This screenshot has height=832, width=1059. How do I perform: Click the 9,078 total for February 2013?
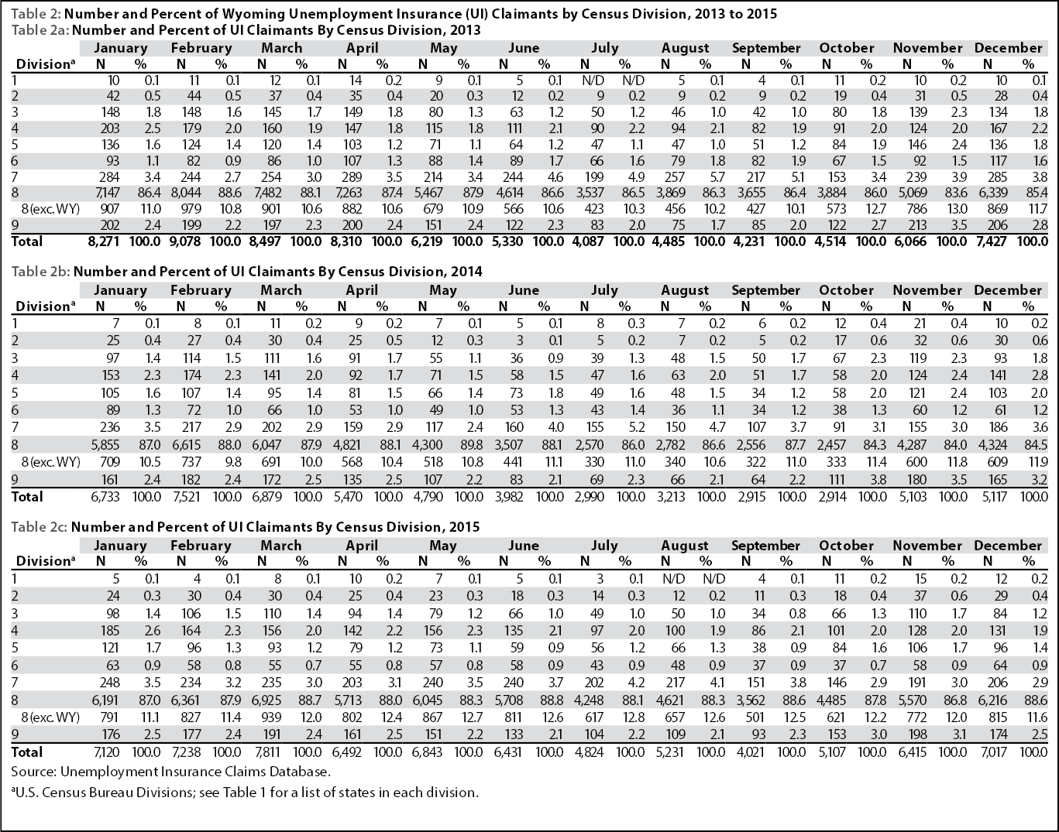(x=185, y=241)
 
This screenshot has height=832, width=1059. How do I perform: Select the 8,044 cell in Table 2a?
(x=186, y=193)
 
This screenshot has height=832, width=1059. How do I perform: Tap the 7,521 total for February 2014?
(x=186, y=497)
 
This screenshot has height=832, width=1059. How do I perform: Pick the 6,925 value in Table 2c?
(x=266, y=700)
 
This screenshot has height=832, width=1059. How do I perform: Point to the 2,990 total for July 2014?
(x=590, y=497)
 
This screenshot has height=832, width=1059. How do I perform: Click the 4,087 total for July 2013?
(x=589, y=241)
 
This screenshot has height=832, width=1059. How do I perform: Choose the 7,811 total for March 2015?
(x=266, y=752)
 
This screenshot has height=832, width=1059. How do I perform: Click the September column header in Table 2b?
(x=765, y=290)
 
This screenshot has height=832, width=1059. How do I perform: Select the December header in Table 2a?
(x=1009, y=48)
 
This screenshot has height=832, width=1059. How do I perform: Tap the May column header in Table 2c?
(x=443, y=546)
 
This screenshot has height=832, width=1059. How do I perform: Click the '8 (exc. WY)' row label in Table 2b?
(x=50, y=462)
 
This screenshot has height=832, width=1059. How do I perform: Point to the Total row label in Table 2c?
(x=27, y=752)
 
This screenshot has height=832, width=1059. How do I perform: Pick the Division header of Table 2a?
(x=45, y=64)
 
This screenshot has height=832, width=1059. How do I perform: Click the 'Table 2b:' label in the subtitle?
(x=41, y=272)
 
